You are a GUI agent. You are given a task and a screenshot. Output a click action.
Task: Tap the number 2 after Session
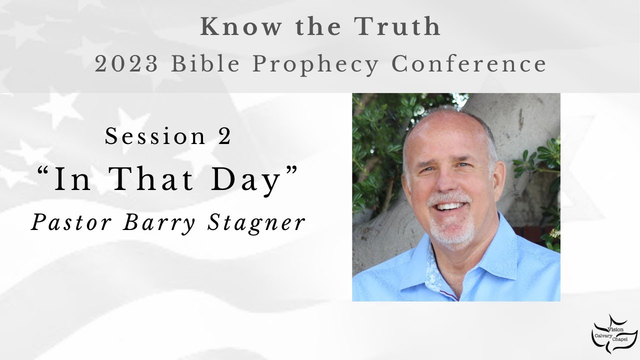click(224, 136)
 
